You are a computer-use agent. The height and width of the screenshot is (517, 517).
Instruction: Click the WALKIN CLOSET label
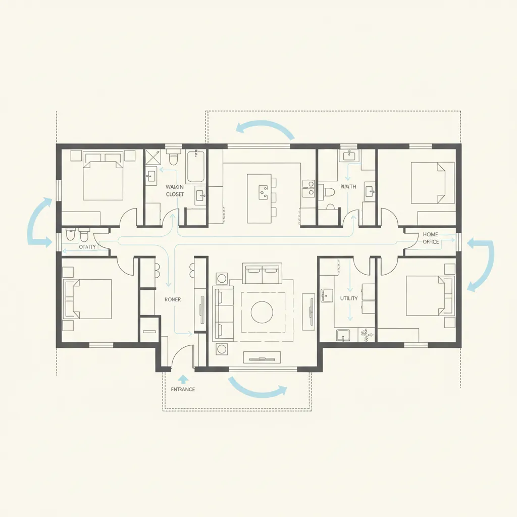coord(175,190)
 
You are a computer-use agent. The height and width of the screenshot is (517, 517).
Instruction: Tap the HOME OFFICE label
coord(430,238)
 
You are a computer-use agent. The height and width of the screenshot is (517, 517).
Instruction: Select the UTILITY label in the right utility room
coord(349,298)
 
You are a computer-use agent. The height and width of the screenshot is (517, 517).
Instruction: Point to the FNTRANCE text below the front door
coord(180,389)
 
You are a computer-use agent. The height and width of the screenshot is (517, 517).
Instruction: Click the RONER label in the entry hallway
coord(172,299)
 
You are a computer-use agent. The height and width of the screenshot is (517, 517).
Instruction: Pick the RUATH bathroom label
coord(348,187)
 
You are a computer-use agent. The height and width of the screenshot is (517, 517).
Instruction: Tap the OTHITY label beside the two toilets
coord(87,247)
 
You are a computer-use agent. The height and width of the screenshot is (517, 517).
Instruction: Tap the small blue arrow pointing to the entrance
coord(183,378)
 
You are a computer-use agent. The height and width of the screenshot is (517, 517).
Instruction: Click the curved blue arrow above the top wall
coord(265,127)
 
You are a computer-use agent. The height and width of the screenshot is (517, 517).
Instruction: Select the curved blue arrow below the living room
coord(257,389)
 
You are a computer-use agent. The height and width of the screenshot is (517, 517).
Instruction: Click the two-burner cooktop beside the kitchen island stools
coord(307,188)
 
